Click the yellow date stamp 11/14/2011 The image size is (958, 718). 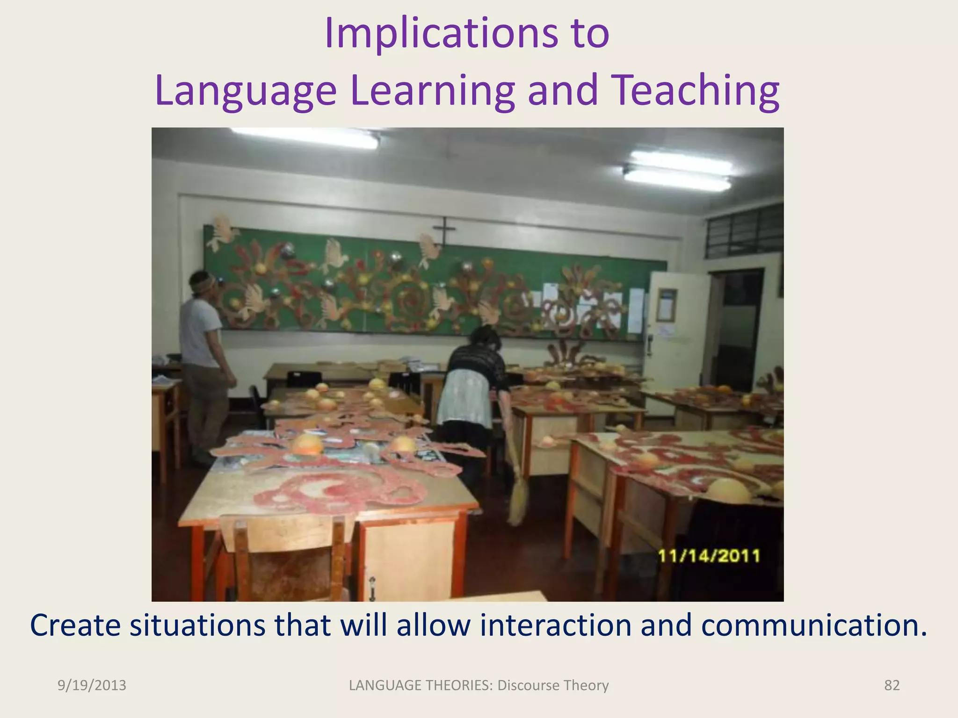pos(709,556)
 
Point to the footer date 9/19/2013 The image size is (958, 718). pos(92,685)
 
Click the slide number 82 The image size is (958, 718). pos(892,685)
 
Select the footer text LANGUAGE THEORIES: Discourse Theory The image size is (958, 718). pos(479,685)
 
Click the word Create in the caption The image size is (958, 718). pos(75,625)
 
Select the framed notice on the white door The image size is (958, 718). pos(667,305)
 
